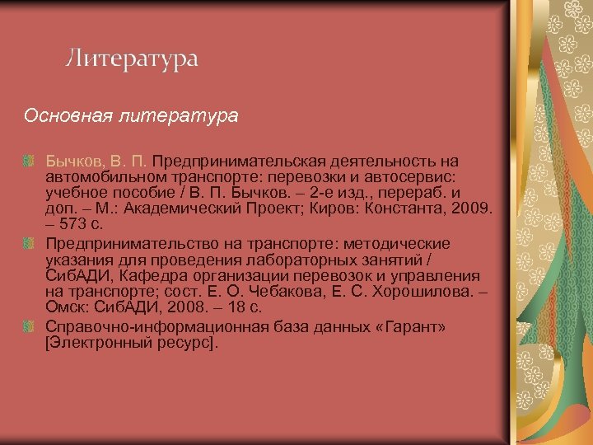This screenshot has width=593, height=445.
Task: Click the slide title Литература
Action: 132,59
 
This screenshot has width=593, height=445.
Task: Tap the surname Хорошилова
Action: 421,291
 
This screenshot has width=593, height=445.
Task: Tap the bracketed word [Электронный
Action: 94,343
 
